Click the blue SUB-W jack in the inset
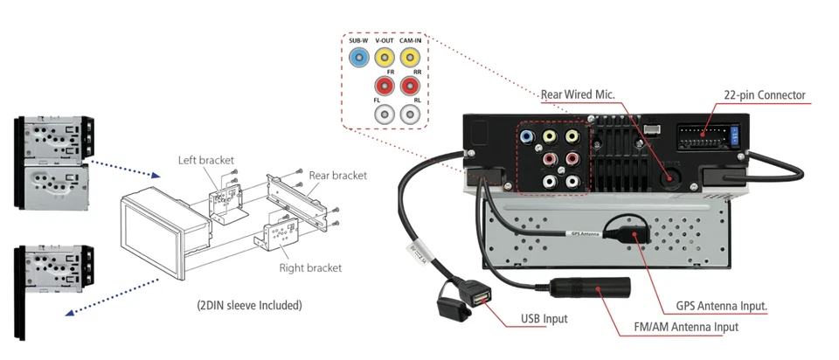(x=359, y=59)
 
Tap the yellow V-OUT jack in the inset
(x=385, y=59)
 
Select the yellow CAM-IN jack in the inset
(x=411, y=59)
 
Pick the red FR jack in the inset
(x=385, y=87)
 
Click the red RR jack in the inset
(x=411, y=87)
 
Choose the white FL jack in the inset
(x=385, y=114)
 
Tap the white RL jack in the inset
(x=411, y=114)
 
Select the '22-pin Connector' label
(x=765, y=95)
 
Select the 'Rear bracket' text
(x=337, y=176)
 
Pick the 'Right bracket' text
(x=310, y=267)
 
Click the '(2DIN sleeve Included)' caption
(x=249, y=306)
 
